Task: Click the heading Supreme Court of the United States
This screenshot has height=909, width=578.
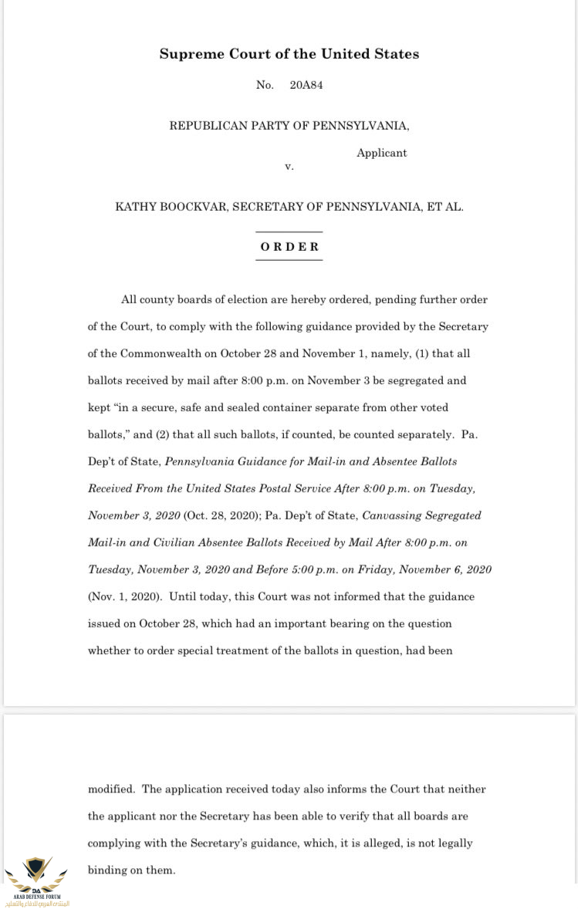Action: pyautogui.click(x=289, y=54)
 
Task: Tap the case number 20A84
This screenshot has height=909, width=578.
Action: pyautogui.click(x=306, y=85)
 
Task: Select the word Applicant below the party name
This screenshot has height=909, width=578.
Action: pyautogui.click(x=381, y=153)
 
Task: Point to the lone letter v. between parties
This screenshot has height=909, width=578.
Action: pyautogui.click(x=289, y=166)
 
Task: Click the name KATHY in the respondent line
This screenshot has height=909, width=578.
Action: pyautogui.click(x=134, y=207)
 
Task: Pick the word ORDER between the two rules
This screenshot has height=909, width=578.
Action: pyautogui.click(x=289, y=247)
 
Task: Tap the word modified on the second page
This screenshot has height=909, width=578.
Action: pyautogui.click(x=111, y=789)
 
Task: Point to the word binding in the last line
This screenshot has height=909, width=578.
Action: pyautogui.click(x=106, y=870)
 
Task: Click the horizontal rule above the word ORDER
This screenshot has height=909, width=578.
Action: pyautogui.click(x=289, y=231)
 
